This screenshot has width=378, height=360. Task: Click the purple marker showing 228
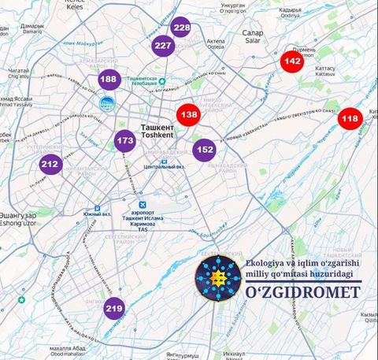coord(181,28)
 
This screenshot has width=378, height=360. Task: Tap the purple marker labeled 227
coord(163,46)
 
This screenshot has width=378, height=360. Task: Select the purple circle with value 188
coord(109,80)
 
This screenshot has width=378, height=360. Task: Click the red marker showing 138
coord(189,115)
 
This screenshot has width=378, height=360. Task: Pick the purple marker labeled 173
coord(124,142)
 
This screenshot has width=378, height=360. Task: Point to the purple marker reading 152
coord(205,149)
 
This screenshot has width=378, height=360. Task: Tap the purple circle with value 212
coord(50,165)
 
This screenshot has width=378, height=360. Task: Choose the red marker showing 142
coord(292,61)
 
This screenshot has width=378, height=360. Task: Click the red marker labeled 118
coord(350,119)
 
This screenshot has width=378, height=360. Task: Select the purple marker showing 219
coord(114,309)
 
